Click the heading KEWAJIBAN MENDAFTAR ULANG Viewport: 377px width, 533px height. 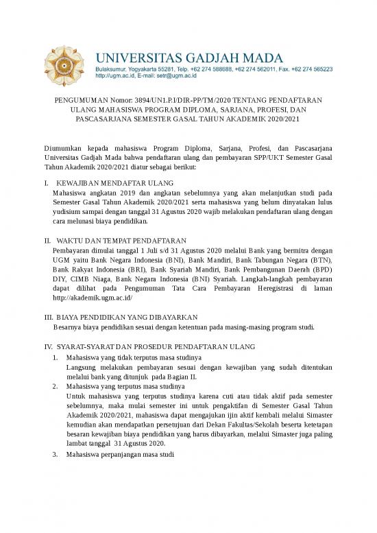coord(114,184)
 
